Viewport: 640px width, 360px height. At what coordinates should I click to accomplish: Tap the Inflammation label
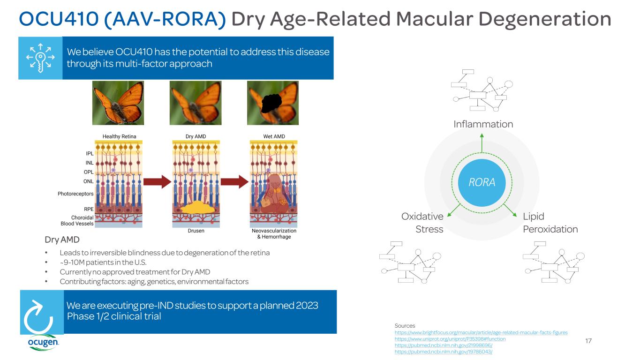click(x=483, y=124)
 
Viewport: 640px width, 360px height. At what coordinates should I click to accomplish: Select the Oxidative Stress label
click(x=422, y=223)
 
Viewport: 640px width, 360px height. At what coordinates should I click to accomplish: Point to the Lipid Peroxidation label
click(x=550, y=223)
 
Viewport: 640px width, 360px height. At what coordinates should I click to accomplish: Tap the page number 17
click(x=588, y=341)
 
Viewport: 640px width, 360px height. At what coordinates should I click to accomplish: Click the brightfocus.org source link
click(x=481, y=332)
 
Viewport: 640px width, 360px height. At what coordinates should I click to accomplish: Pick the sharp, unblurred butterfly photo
click(x=118, y=102)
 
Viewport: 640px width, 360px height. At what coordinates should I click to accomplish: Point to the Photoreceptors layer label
click(x=75, y=194)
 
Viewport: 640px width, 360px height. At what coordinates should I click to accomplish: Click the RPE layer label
click(x=88, y=210)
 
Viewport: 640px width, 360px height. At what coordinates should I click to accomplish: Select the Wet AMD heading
click(x=274, y=136)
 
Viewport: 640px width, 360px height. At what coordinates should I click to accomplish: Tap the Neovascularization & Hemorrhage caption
click(x=274, y=234)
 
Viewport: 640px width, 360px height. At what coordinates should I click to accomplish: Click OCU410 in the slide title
click(x=51, y=19)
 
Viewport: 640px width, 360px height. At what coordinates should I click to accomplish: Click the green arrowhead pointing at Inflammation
click(x=482, y=136)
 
